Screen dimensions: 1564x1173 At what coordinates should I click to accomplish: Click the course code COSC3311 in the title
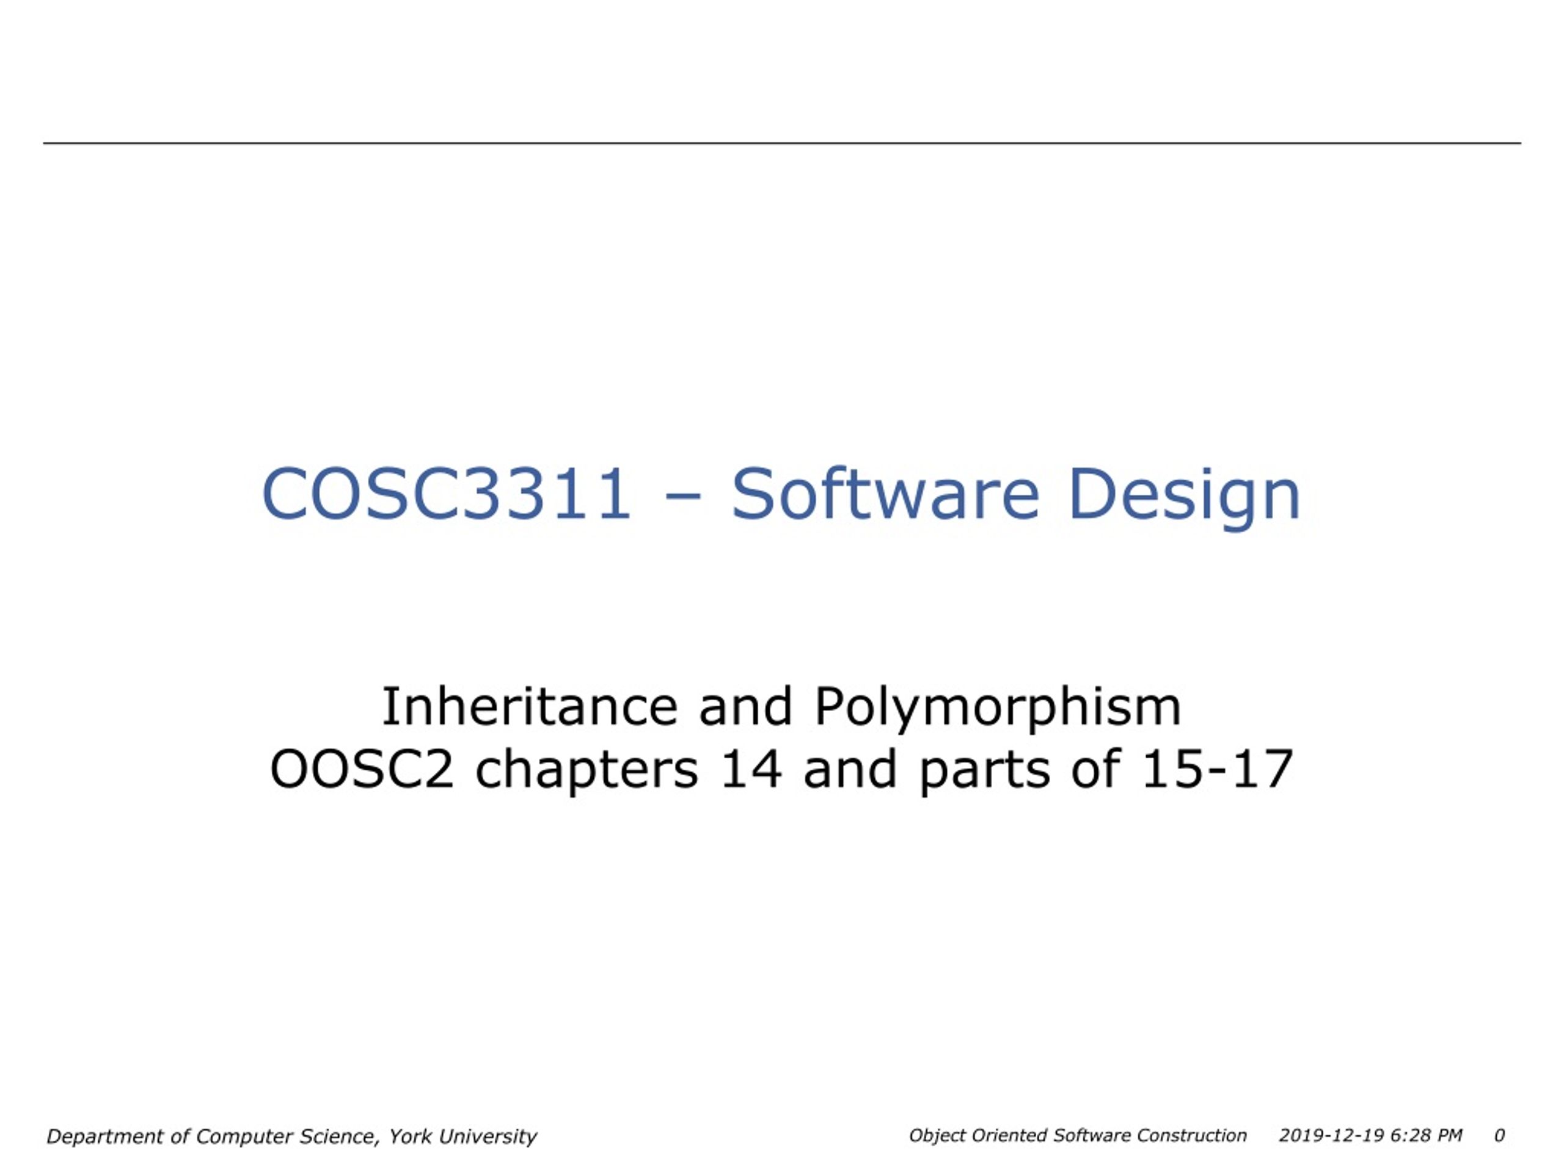point(446,494)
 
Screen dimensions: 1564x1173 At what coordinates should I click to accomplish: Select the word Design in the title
point(1185,498)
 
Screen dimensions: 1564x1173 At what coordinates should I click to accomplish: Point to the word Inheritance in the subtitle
point(530,706)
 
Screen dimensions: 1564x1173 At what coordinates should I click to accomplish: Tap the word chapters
point(587,772)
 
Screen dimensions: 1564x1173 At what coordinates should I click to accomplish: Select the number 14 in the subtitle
point(751,769)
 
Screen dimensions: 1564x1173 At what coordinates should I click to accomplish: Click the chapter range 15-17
point(1217,769)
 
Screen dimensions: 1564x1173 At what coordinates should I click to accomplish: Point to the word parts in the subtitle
point(984,773)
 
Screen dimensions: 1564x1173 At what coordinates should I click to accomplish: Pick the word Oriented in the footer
point(1009,1135)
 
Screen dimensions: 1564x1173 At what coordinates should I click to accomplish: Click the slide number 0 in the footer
point(1499,1135)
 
